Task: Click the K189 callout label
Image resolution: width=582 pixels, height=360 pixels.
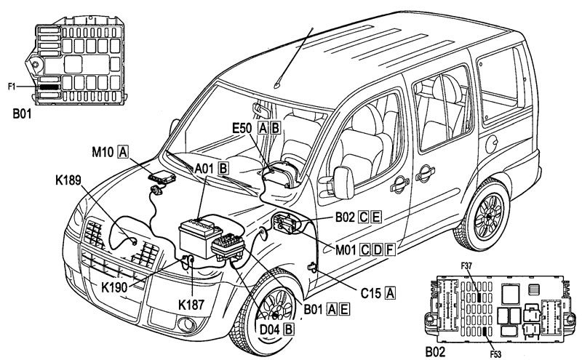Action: [x=68, y=180]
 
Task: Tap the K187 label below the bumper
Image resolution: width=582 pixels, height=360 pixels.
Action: [x=191, y=305]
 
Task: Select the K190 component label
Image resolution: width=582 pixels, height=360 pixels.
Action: [x=114, y=287]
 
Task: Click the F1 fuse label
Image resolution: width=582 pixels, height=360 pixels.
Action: [x=12, y=87]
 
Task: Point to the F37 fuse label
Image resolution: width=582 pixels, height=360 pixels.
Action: [x=466, y=265]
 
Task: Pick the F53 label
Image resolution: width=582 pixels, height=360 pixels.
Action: [x=495, y=354]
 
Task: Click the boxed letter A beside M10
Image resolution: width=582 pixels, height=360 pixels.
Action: [x=122, y=152]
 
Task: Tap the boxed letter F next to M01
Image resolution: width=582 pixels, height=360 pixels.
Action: [x=389, y=249]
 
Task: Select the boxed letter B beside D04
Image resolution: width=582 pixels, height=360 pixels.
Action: [x=288, y=329]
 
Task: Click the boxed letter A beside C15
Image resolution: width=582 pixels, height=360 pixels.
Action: [x=390, y=293]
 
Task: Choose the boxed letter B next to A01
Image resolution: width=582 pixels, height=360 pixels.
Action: [x=223, y=169]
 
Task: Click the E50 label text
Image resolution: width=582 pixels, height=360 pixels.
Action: [x=242, y=128]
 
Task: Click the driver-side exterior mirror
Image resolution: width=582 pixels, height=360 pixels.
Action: [x=343, y=183]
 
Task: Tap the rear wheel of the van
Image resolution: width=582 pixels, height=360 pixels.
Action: [x=485, y=215]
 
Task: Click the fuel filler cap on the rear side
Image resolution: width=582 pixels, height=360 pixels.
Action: [x=492, y=144]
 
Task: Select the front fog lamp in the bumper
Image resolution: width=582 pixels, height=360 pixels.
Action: [x=186, y=325]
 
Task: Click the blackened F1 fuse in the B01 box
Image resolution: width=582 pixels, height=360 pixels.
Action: [x=49, y=87]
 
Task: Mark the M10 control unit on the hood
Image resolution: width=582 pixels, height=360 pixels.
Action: [x=162, y=177]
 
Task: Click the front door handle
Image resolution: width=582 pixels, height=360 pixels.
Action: [x=399, y=184]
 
